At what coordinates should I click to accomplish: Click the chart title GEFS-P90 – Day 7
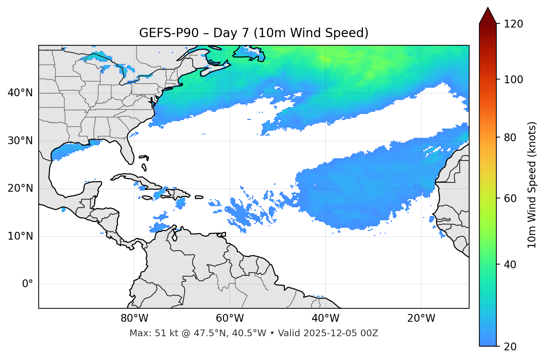pos(254,33)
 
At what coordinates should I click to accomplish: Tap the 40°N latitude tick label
pos(20,93)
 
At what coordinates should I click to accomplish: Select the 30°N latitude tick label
pos(20,141)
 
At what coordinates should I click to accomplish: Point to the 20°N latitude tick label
pos(20,188)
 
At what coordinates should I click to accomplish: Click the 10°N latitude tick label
pos(20,236)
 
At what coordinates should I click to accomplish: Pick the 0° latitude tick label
pos(27,284)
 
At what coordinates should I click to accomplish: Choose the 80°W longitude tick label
pos(134,318)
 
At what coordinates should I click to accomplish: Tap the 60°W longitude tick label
pos(230,318)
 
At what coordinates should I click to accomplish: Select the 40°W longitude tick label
pos(325,318)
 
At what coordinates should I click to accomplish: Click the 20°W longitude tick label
pos(421,318)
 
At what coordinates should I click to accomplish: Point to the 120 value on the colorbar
pos(513,24)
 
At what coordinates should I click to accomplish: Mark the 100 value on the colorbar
pos(513,80)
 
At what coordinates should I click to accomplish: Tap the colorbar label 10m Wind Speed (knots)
pos(532,185)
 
